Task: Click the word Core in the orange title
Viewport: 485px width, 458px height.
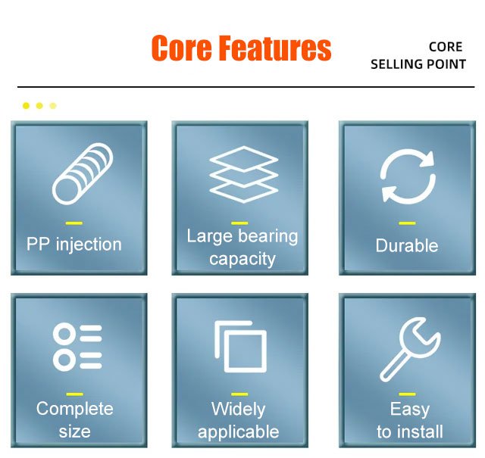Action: pos(182,48)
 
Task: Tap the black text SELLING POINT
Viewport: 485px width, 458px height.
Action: pos(418,64)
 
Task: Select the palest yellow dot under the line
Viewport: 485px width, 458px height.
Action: pos(53,106)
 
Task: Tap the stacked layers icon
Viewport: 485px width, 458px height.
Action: pos(243,174)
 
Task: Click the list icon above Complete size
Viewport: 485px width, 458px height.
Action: pos(77,347)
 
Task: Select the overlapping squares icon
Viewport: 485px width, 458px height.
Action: pos(241,347)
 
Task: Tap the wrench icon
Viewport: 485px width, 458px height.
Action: pos(410,350)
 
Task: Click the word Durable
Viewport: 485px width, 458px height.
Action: pos(407,246)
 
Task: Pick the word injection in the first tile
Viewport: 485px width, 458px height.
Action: pos(89,245)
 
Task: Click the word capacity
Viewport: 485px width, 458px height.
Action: pos(242,259)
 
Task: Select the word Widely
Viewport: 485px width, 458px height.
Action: pos(239,409)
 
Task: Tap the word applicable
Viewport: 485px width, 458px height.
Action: pos(239,432)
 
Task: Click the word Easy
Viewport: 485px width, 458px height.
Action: pos(410,409)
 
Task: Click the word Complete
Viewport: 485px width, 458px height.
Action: pos(75,409)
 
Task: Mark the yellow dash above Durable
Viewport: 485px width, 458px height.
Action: pos(407,223)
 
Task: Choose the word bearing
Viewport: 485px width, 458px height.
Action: pos(268,236)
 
